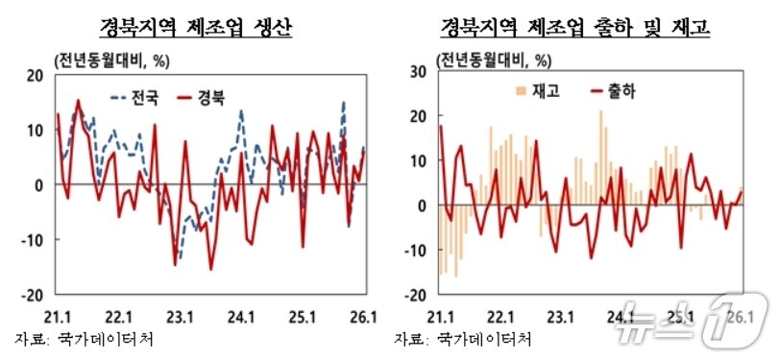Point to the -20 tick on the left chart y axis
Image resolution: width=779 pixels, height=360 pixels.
point(33,295)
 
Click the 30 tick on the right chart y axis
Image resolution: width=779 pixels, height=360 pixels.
point(419,71)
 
